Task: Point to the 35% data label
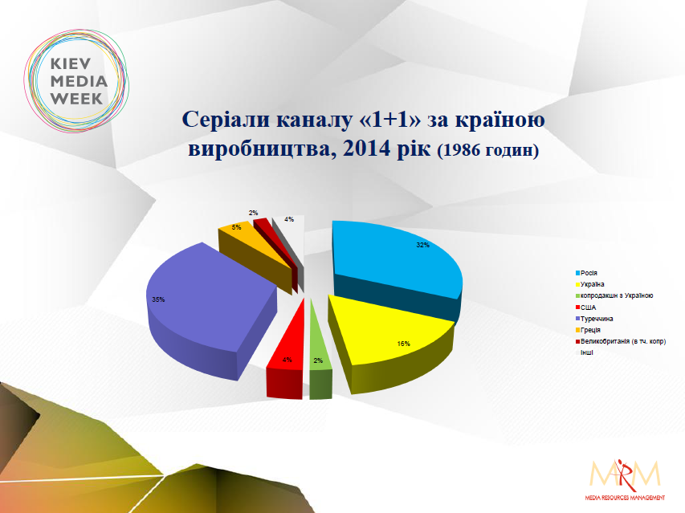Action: tap(158, 299)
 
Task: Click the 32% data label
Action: tap(422, 245)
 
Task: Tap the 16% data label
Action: tap(403, 344)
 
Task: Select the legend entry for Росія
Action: tap(586, 273)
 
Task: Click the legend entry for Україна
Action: tap(589, 284)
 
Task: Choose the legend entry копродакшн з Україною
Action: tap(614, 295)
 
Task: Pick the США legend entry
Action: tap(586, 307)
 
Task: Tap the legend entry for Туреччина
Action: tap(594, 319)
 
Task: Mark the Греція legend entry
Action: tap(588, 330)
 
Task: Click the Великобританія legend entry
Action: tap(621, 341)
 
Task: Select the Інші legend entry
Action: tap(585, 352)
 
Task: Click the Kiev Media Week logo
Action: tap(76, 81)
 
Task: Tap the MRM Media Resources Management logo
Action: tap(625, 479)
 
